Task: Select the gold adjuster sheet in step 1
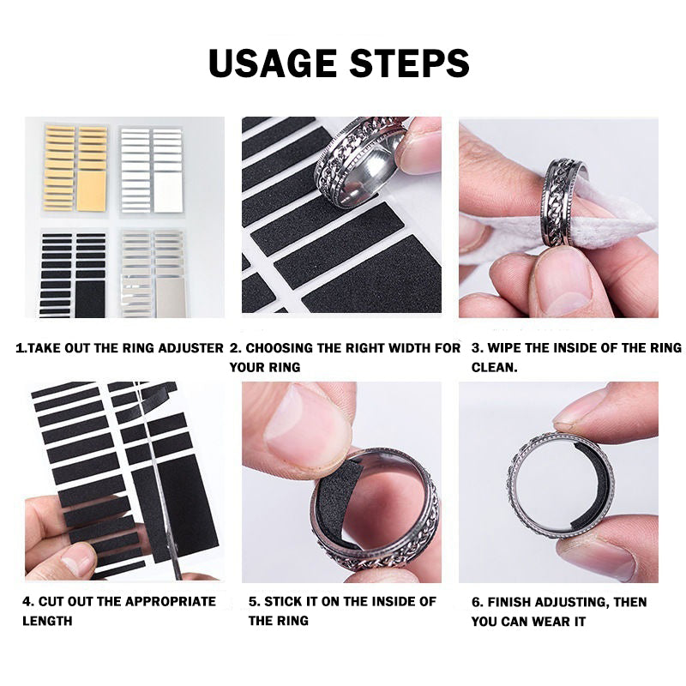(76, 168)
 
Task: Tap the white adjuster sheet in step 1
(151, 169)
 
